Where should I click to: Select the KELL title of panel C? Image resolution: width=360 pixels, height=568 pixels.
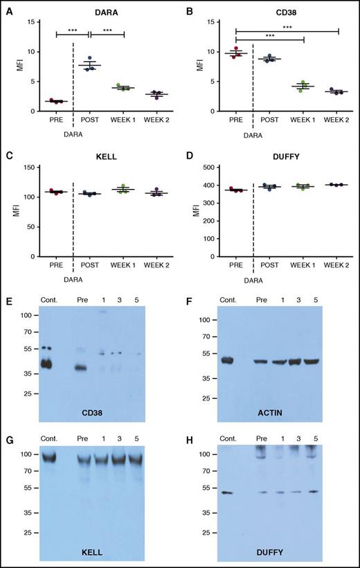[106, 158]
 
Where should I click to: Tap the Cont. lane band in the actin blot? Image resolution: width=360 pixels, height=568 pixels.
[226, 360]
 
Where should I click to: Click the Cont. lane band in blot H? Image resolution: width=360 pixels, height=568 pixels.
[226, 492]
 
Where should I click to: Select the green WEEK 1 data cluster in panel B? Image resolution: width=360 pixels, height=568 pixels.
[303, 87]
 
